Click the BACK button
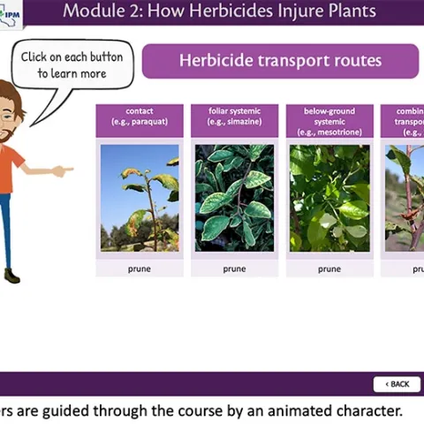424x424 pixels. click(397, 383)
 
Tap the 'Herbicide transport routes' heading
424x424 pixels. click(280, 61)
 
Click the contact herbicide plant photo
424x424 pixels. click(140, 198)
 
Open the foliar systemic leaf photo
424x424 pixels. click(234, 198)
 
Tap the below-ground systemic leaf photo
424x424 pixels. click(329, 198)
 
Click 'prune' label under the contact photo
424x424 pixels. click(140, 268)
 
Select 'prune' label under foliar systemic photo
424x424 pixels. click(234, 268)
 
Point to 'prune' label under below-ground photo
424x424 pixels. click(329, 268)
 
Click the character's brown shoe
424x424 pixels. click(11, 276)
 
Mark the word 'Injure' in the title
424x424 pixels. click(299, 11)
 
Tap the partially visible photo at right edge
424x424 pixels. click(404, 198)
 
